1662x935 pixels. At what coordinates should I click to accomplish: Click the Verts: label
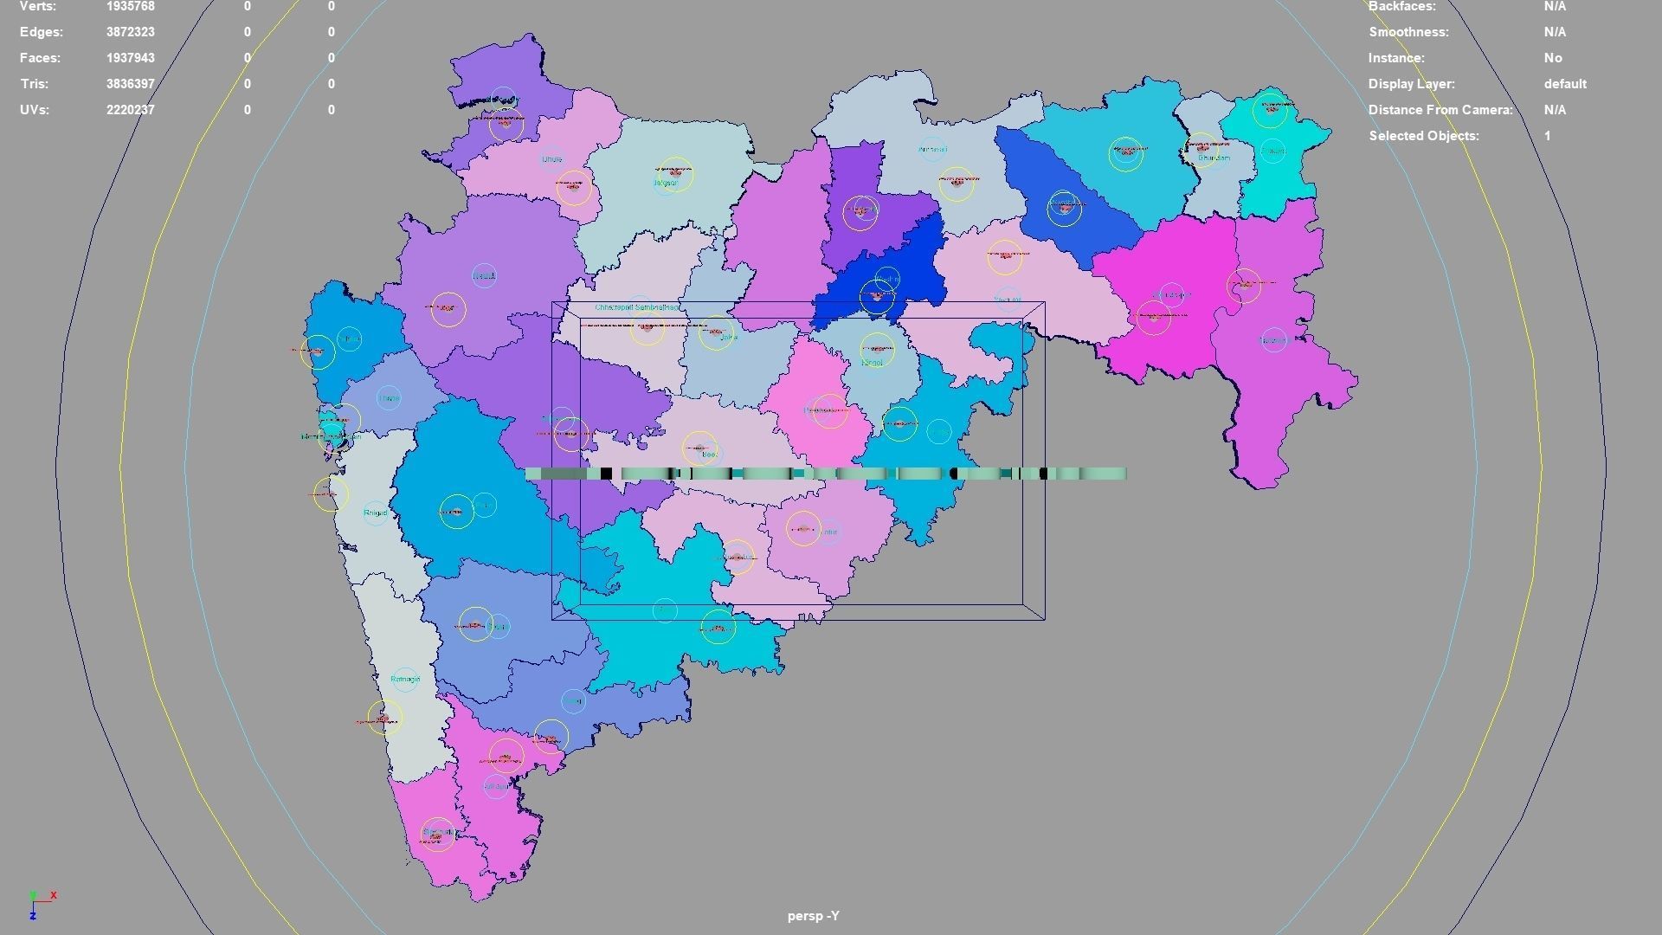point(38,6)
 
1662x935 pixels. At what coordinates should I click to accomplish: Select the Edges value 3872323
point(131,32)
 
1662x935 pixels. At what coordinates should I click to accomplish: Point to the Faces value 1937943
point(131,58)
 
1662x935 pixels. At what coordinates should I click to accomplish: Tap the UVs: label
point(35,110)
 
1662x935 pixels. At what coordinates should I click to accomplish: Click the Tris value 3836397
point(131,84)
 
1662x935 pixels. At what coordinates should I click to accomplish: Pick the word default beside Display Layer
point(1564,84)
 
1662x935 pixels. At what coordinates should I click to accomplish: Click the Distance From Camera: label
point(1440,110)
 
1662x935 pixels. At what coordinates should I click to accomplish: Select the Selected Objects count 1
point(1547,136)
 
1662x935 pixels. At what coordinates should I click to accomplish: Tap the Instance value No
point(1553,58)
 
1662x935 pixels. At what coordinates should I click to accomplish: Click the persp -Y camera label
point(813,916)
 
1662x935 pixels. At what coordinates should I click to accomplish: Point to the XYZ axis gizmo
point(39,903)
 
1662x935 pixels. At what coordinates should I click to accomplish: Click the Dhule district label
point(551,159)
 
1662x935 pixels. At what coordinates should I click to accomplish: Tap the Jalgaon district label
point(665,184)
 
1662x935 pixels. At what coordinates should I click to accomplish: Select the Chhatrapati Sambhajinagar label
point(638,307)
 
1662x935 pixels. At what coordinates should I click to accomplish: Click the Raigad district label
point(375,513)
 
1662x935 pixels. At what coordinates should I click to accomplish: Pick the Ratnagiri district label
point(404,680)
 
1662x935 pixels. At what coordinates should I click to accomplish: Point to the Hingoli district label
point(873,363)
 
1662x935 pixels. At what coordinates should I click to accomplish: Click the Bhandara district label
point(1214,158)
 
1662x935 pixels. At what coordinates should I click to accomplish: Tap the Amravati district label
point(932,150)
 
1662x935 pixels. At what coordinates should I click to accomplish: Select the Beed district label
point(710,455)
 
